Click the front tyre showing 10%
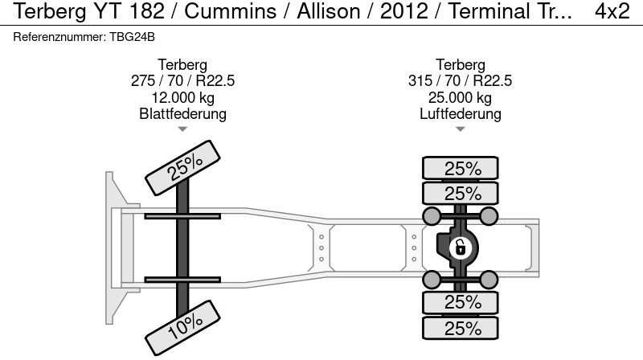pyautogui.click(x=182, y=328)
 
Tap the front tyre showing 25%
pyautogui.click(x=182, y=168)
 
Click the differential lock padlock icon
pyautogui.click(x=460, y=248)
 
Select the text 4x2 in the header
pyautogui.click(x=612, y=11)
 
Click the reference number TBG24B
pyautogui.click(x=132, y=37)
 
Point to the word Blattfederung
pyautogui.click(x=182, y=113)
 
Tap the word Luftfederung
pyautogui.click(x=460, y=113)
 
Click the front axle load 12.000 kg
pyautogui.click(x=182, y=97)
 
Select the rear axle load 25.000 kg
pyautogui.click(x=460, y=97)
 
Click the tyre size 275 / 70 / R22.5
pyautogui.click(x=182, y=81)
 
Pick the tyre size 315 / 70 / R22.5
pyautogui.click(x=460, y=81)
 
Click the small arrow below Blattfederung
pyautogui.click(x=182, y=129)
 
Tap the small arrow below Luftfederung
pyautogui.click(x=460, y=129)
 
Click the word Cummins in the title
pyautogui.click(x=231, y=11)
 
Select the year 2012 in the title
pyautogui.click(x=404, y=11)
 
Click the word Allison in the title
pyautogui.click(x=329, y=11)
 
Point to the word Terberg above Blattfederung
pyautogui.click(x=182, y=65)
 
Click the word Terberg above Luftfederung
pyautogui.click(x=460, y=65)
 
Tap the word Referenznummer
pyautogui.click(x=59, y=37)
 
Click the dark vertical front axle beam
pyautogui.click(x=182, y=248)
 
